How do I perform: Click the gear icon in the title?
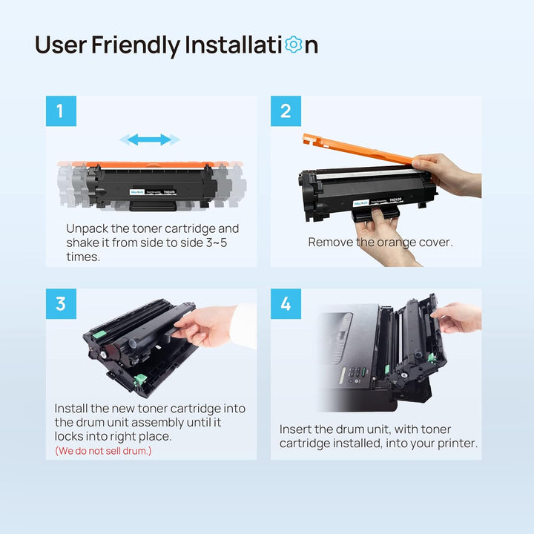(x=293, y=44)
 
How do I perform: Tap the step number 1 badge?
(x=61, y=111)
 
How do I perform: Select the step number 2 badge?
(x=286, y=111)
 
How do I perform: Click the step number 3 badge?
(x=61, y=304)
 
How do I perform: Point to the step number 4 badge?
(x=286, y=304)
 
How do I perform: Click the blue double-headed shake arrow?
(x=150, y=139)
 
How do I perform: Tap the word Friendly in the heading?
(x=136, y=46)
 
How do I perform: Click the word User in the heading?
(x=61, y=45)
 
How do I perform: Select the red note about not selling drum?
(x=103, y=451)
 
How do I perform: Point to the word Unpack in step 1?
(x=87, y=229)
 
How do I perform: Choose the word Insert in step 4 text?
(x=295, y=429)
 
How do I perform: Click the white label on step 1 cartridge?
(x=153, y=192)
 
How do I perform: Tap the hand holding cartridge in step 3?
(x=206, y=326)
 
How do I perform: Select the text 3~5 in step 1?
(x=217, y=243)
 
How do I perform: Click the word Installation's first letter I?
(x=187, y=45)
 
